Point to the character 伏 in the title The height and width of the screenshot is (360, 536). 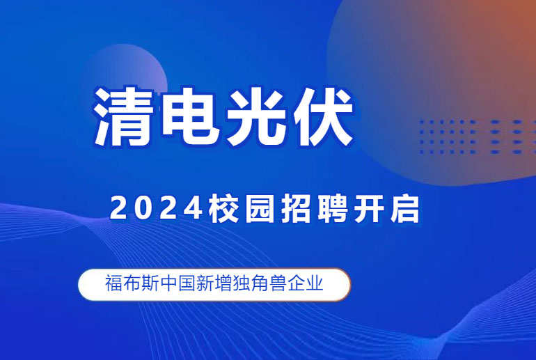(323, 116)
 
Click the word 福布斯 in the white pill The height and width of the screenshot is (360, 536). (132, 283)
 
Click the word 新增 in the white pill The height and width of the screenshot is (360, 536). (214, 283)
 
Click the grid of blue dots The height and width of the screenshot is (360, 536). (478, 136)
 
